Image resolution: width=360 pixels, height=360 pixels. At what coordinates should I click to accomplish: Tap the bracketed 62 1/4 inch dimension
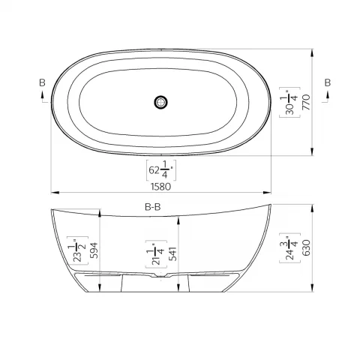[x=162, y=170]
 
